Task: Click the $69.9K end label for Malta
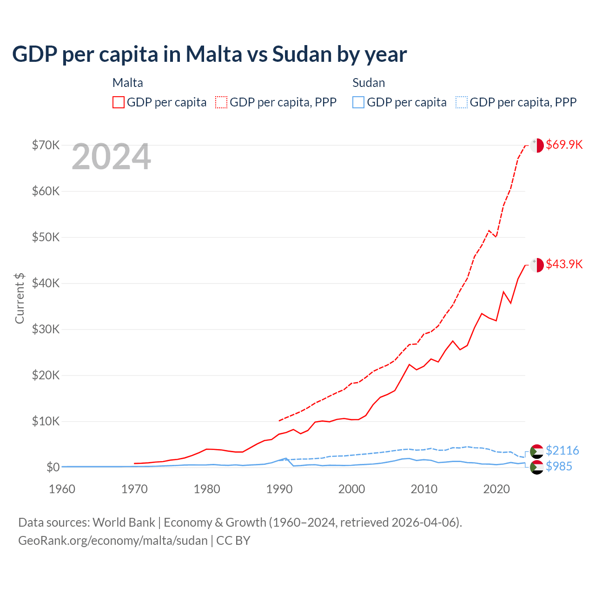coord(564,145)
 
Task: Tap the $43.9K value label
coord(564,264)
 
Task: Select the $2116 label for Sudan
coord(562,450)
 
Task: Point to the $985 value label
coord(559,466)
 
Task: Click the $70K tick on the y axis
coord(46,145)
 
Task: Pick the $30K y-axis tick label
coord(46,329)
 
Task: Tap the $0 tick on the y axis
coord(53,467)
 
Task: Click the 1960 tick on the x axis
coord(62,489)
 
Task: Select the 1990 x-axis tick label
coord(279,489)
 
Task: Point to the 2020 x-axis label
coord(496,489)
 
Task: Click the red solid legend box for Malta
coord(119,102)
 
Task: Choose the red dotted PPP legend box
coord(221,102)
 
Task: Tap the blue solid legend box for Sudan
coord(358,102)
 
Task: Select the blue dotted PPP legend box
coord(462,102)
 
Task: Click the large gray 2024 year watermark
coord(111,157)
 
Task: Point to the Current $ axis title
coord(20,298)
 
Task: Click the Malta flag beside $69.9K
coord(537,145)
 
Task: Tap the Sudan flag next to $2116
coord(537,451)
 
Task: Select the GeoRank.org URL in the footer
coord(113,541)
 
